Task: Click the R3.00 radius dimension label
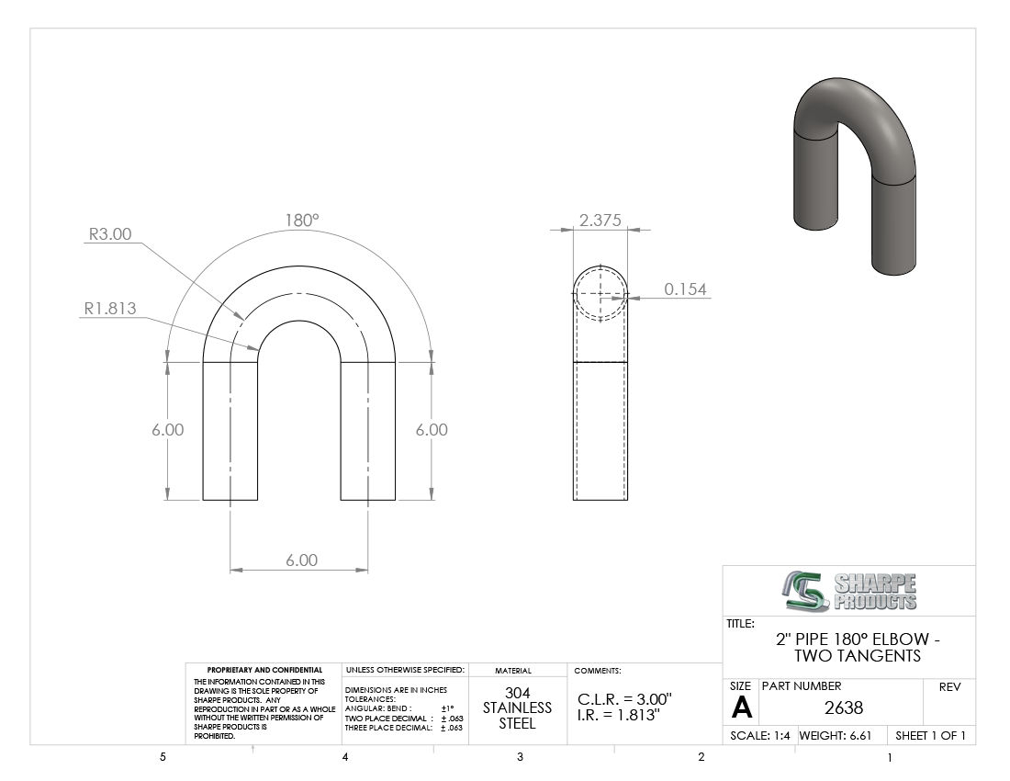[x=109, y=234]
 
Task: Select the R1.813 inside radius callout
[x=110, y=309]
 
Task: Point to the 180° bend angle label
[x=302, y=221]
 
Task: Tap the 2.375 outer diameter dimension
[x=600, y=220]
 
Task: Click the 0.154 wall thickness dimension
[x=685, y=289]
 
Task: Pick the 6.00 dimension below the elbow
[x=301, y=560]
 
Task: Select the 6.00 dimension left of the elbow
[x=167, y=430]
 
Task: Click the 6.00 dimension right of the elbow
[x=432, y=430]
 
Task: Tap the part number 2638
[x=844, y=707]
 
